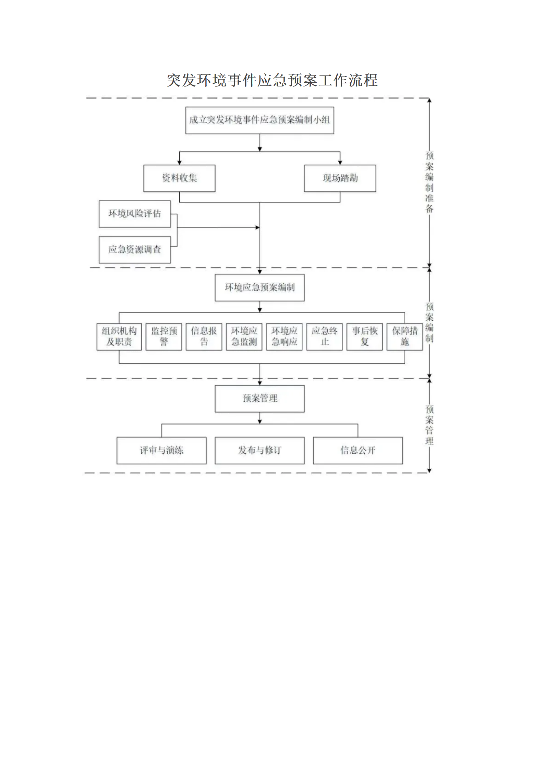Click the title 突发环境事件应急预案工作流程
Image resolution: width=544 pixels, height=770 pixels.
pyautogui.click(x=272, y=81)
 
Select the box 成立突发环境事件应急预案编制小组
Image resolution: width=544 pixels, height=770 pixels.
pyautogui.click(x=259, y=120)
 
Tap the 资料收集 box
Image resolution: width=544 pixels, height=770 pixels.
pyautogui.click(x=179, y=178)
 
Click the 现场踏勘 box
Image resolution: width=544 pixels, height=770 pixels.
pyautogui.click(x=340, y=178)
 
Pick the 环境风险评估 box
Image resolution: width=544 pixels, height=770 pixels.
pyautogui.click(x=135, y=214)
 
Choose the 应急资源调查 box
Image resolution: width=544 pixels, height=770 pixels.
pyautogui.click(x=135, y=250)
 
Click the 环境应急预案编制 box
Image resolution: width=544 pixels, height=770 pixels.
pyautogui.click(x=259, y=287)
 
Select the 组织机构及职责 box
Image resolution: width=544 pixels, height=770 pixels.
pyautogui.click(x=119, y=336)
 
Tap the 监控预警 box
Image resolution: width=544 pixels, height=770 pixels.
pyautogui.click(x=164, y=336)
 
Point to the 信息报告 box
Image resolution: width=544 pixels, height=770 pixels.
pyautogui.click(x=204, y=336)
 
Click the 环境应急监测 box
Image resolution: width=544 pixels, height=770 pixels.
pyautogui.click(x=244, y=336)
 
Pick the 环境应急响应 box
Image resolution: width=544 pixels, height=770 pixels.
pyautogui.click(x=284, y=336)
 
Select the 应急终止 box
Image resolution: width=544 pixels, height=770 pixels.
pyautogui.click(x=324, y=336)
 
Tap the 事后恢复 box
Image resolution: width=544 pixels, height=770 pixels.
pyautogui.click(x=364, y=336)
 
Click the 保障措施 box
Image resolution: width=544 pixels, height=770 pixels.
pyautogui.click(x=405, y=336)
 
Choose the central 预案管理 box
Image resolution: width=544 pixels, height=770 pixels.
pyautogui.click(x=259, y=399)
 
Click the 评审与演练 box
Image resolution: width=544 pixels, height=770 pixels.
pyautogui.click(x=161, y=450)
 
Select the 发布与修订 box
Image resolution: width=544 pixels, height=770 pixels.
pyautogui.click(x=259, y=450)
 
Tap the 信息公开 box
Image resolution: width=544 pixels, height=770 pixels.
pyautogui.click(x=358, y=450)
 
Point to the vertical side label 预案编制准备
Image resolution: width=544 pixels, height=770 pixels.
pyautogui.click(x=429, y=182)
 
